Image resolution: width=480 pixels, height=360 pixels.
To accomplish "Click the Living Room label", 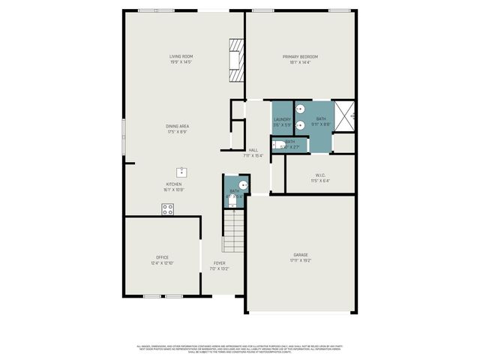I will click(181, 56).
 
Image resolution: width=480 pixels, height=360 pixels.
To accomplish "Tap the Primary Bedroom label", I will click(300, 57).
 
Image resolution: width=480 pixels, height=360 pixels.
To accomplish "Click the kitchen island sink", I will click(181, 172).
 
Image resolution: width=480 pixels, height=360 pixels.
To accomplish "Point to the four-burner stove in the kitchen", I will click(167, 210).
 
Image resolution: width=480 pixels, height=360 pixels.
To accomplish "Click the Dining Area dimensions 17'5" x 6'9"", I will click(176, 132).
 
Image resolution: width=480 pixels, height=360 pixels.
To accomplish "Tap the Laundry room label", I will click(282, 119).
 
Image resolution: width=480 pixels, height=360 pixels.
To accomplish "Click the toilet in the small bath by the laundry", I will click(277, 145).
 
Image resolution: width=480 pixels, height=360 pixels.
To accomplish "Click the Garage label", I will click(301, 255).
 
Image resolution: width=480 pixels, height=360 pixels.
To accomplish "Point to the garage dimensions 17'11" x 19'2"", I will click(301, 261).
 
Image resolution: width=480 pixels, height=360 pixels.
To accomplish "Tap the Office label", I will click(162, 257).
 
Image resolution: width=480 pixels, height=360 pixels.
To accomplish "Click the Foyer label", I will click(219, 262).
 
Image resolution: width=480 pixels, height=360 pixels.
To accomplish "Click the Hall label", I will click(253, 150).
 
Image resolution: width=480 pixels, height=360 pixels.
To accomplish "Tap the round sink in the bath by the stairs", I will click(242, 184).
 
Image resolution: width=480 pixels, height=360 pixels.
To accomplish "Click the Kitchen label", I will click(174, 184).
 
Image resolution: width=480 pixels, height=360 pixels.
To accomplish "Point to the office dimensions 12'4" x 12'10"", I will click(162, 263).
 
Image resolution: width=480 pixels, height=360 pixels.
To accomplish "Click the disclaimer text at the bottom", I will click(240, 349).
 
